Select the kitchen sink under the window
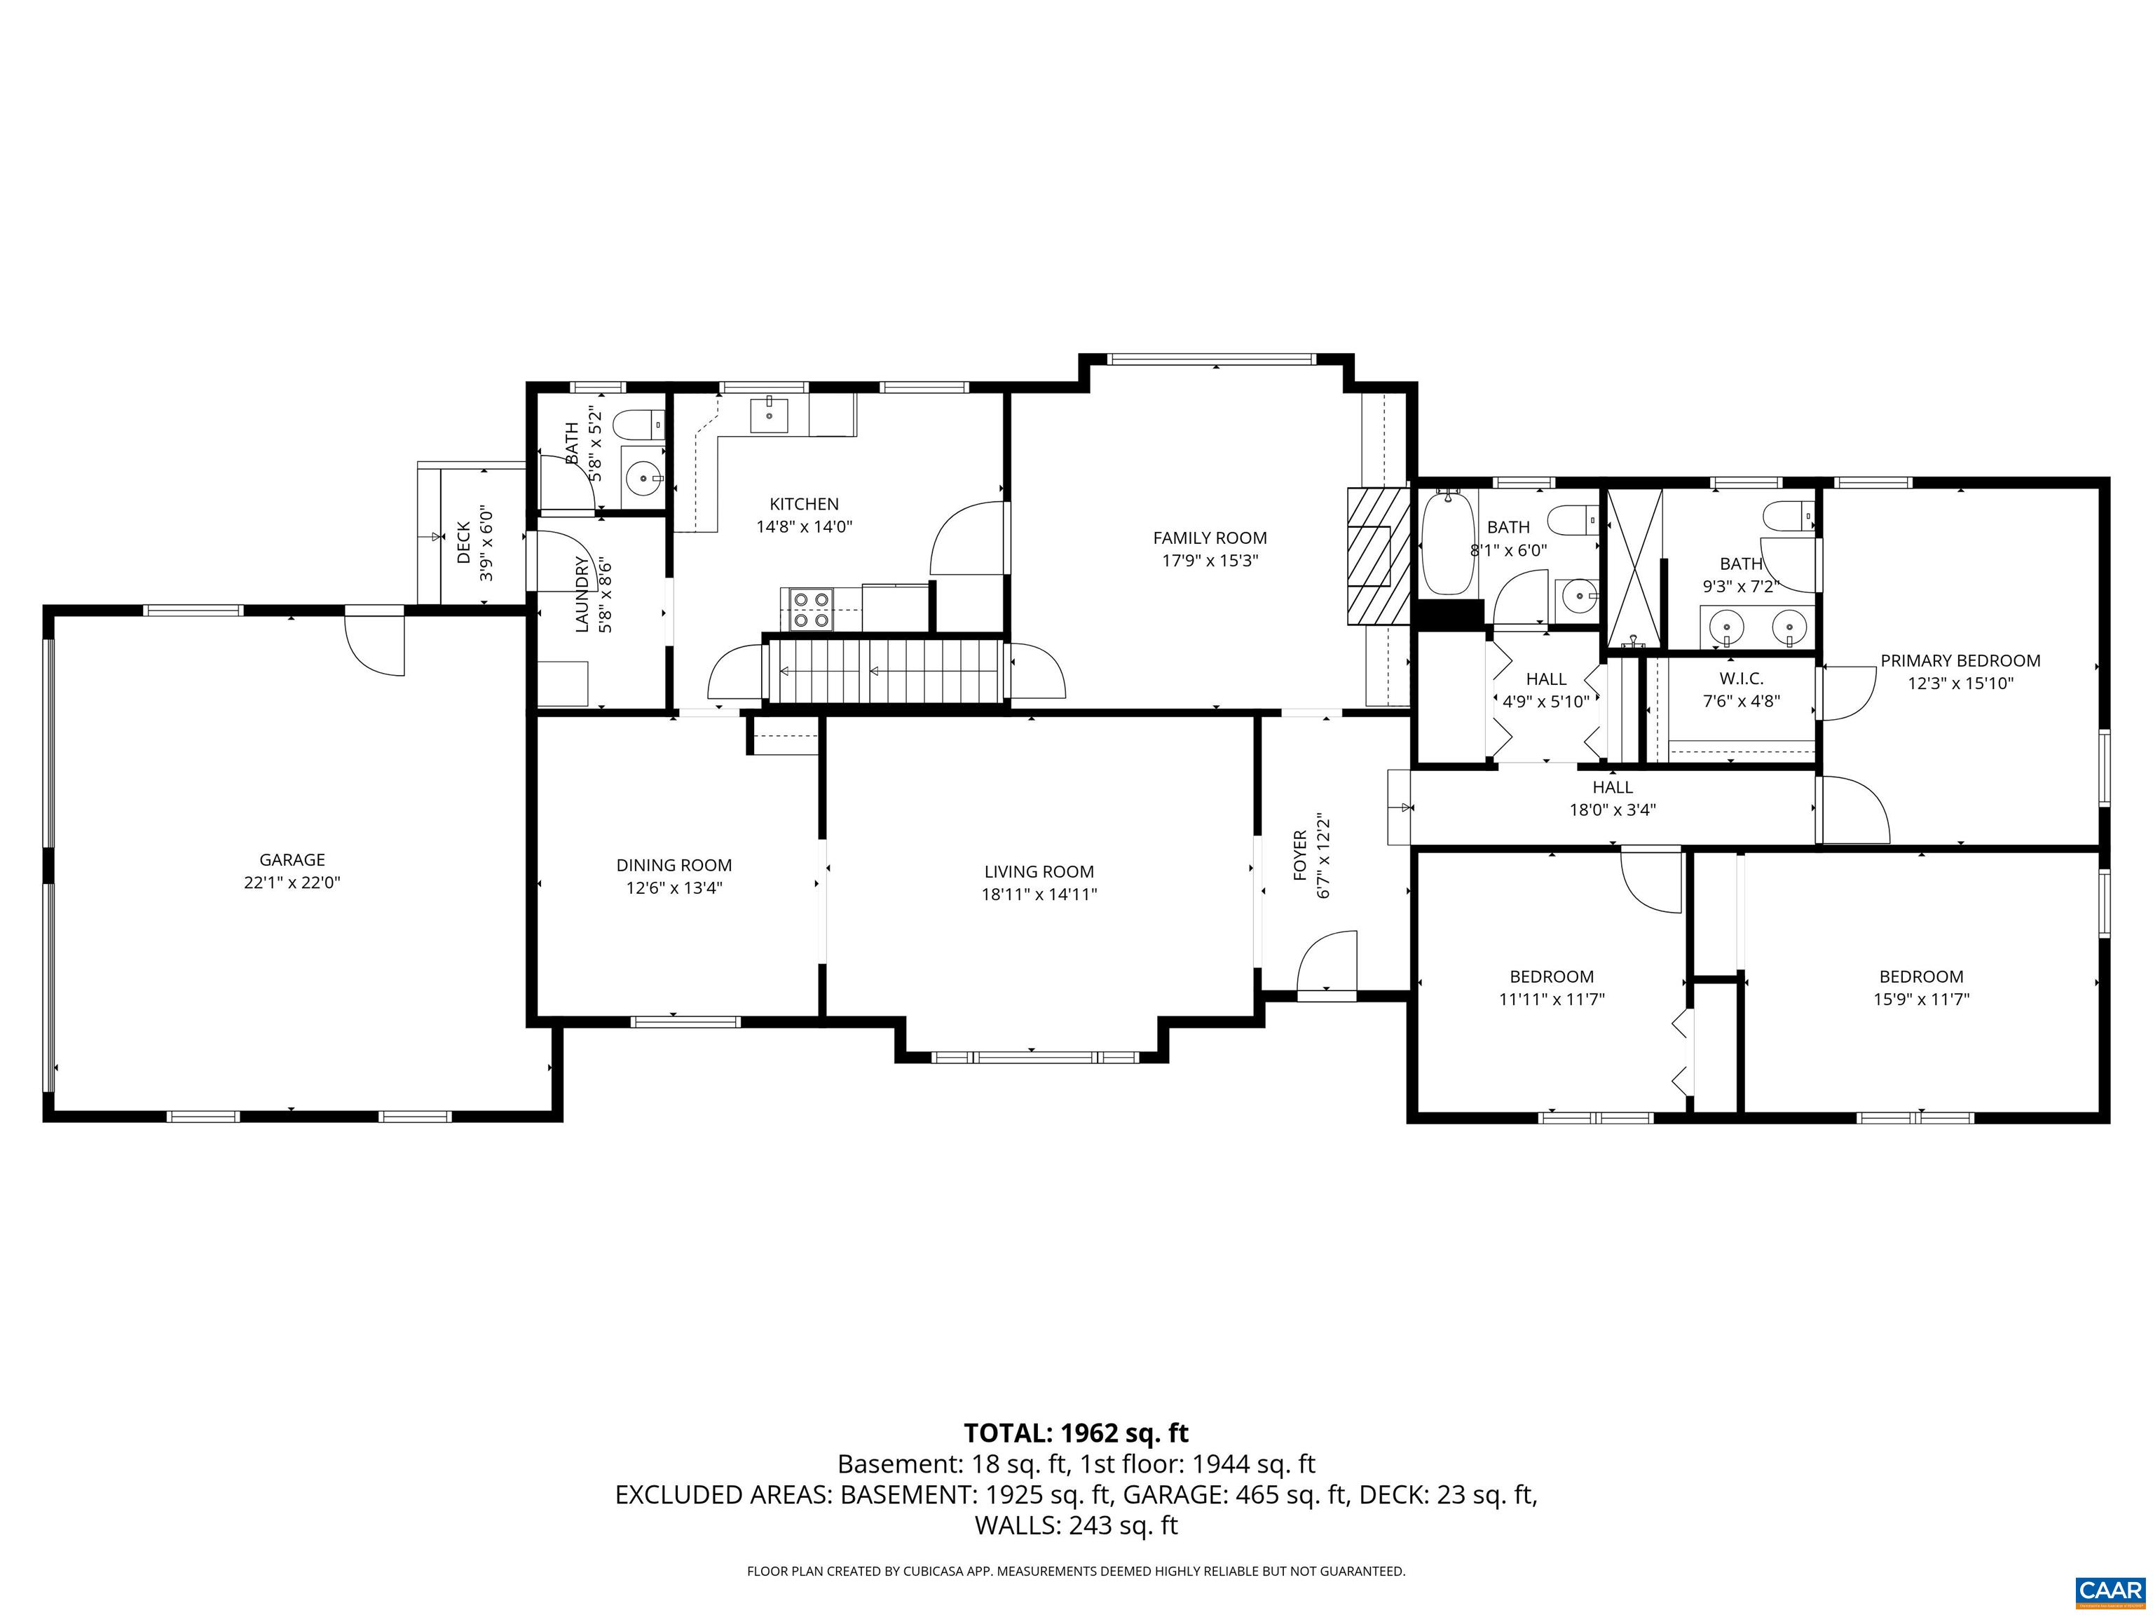769,416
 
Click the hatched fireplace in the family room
1377,556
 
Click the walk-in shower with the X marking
1632,569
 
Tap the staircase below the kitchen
886,671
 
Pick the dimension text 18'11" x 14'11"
1039,894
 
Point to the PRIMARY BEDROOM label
1960,661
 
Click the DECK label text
464,543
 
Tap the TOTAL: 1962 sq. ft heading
1076,1433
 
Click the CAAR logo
2110,1590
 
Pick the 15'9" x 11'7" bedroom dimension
1920,999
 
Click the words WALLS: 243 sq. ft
1076,1525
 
